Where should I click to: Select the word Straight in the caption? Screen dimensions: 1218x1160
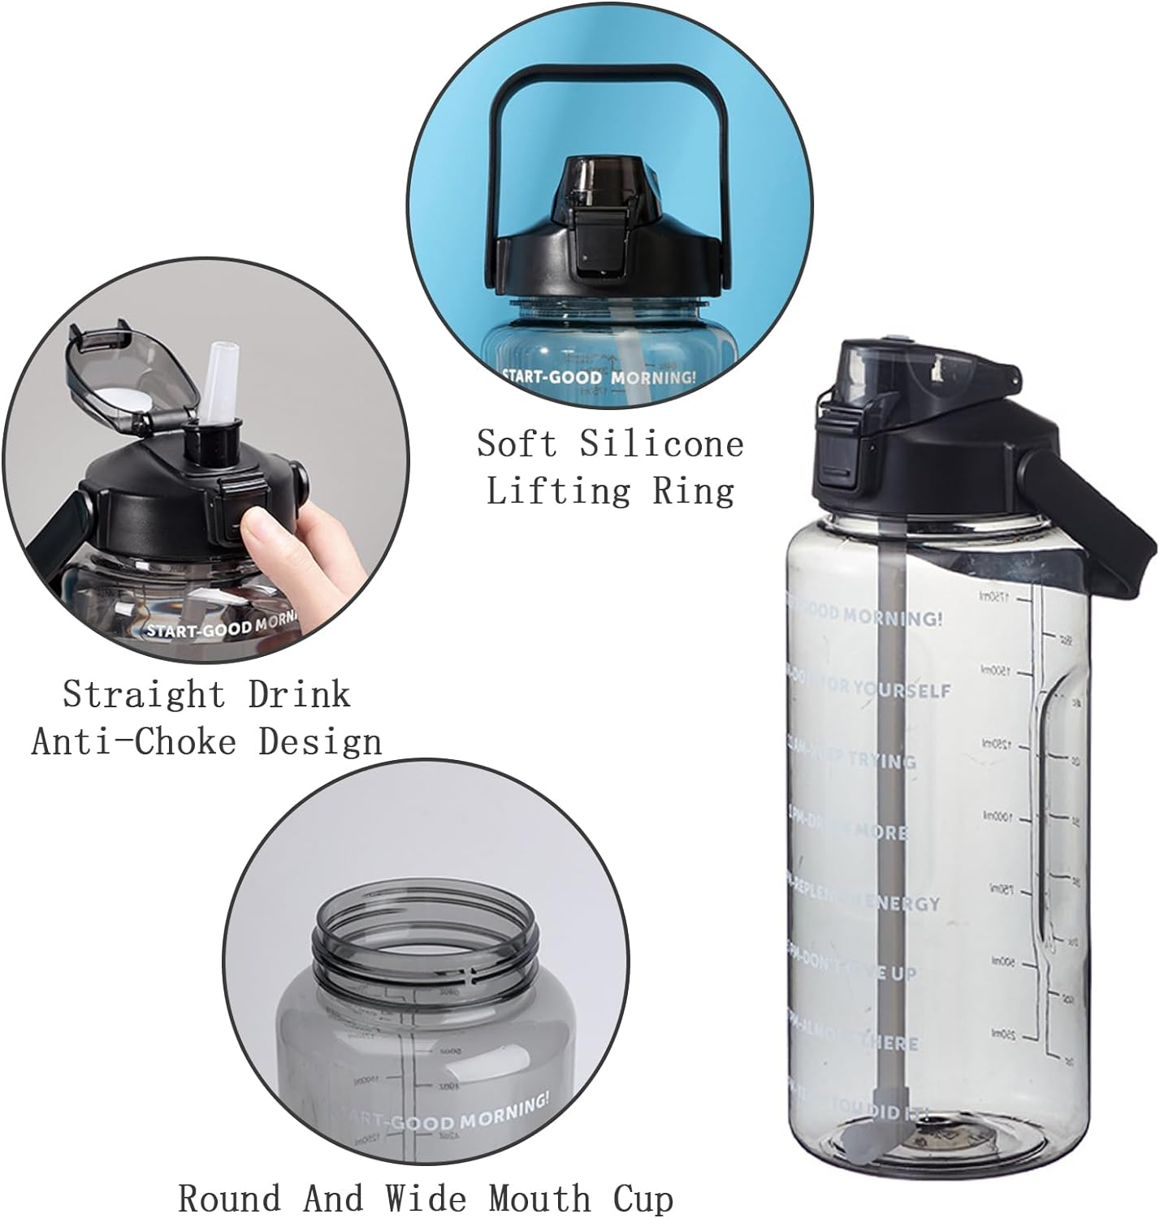click(144, 695)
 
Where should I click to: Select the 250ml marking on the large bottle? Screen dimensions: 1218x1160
click(998, 1034)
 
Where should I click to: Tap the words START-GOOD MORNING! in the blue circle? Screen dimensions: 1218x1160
click(599, 377)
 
